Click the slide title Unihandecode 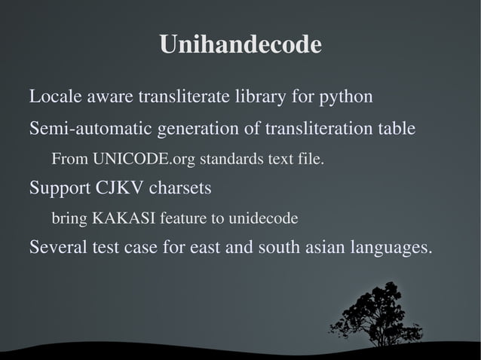coord(240,45)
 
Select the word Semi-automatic coord(90,129)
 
